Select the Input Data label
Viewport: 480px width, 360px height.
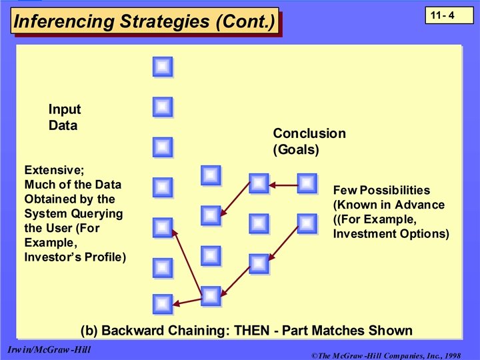[x=64, y=117]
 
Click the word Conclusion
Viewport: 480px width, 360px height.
[x=309, y=133]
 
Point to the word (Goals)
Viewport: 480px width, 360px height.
[x=296, y=150]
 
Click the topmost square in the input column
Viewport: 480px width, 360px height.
[x=163, y=67]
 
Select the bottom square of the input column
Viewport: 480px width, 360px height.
[x=163, y=304]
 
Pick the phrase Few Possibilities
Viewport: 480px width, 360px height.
[x=381, y=190]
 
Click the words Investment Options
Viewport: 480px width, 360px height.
[x=391, y=234]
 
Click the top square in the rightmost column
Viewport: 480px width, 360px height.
[x=307, y=183]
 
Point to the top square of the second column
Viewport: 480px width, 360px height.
[x=211, y=175]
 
